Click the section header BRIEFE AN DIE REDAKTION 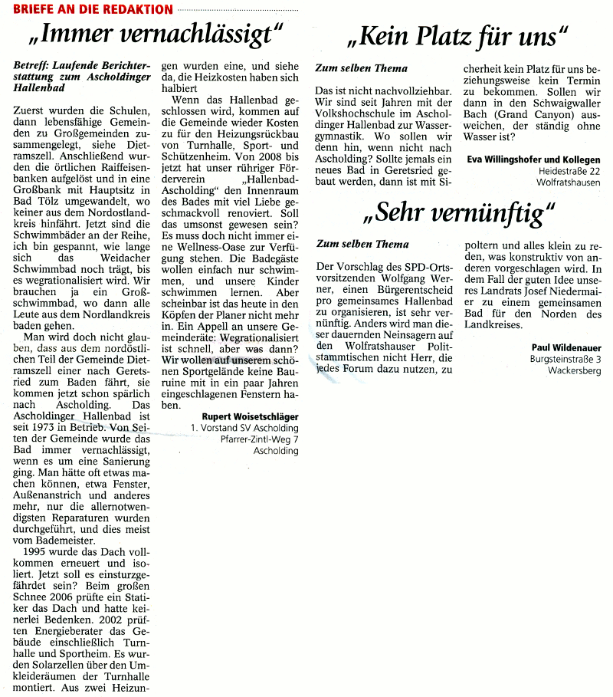click(87, 9)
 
